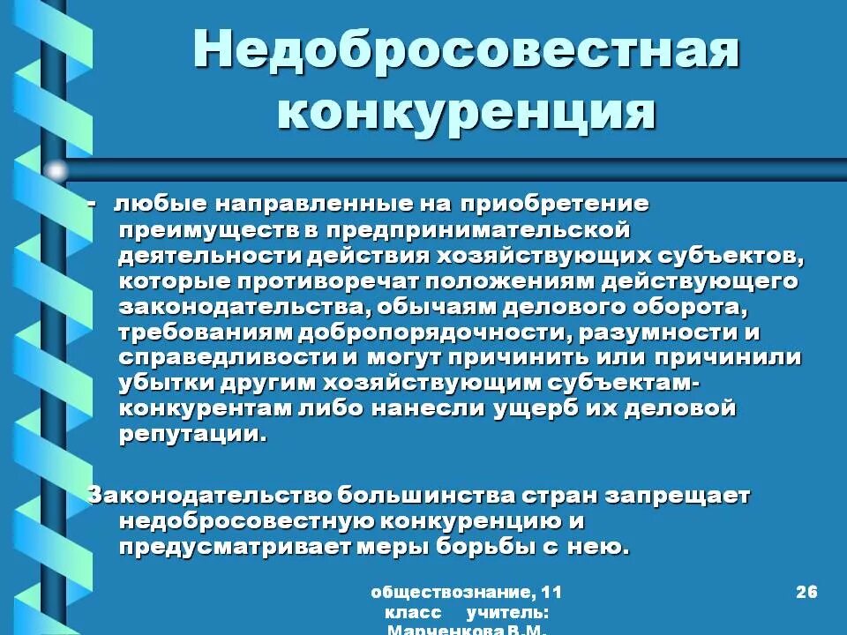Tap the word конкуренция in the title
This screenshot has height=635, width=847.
[x=467, y=112]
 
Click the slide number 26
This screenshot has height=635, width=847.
[x=806, y=592]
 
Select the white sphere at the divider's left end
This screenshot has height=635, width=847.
[x=56, y=170]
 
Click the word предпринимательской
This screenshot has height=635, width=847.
[x=478, y=230]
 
